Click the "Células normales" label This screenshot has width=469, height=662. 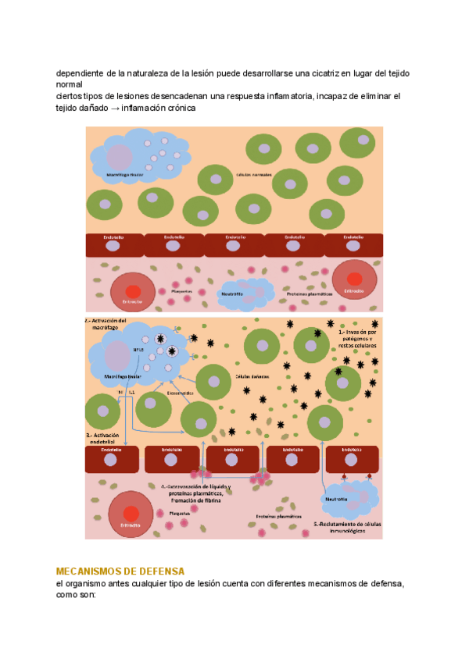click(254, 175)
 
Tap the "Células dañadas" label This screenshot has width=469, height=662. click(252, 375)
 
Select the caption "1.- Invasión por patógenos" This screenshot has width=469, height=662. click(358, 336)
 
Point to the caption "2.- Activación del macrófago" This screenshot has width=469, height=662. click(109, 325)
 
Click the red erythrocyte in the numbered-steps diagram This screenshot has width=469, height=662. click(132, 514)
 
